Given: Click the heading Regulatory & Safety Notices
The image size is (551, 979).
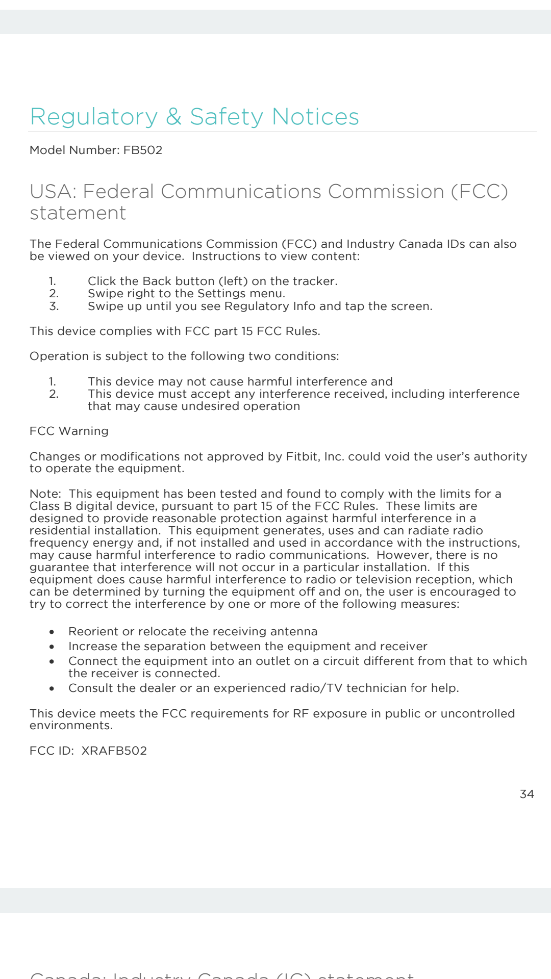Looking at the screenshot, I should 194,117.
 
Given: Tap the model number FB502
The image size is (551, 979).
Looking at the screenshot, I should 143,150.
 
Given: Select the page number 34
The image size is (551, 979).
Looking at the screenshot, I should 527,794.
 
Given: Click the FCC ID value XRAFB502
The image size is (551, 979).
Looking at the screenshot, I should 114,751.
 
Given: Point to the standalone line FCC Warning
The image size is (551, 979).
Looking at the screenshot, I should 69,431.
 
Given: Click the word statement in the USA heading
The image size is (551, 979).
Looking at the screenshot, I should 78,213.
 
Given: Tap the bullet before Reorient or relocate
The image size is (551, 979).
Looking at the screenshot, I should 52,632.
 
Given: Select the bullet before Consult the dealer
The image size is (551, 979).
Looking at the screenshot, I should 52,688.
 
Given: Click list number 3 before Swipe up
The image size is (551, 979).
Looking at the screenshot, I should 54,306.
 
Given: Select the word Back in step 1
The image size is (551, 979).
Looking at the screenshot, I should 157,281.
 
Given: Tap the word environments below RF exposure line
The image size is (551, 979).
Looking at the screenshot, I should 71,726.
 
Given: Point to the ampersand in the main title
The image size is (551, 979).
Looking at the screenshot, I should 174,117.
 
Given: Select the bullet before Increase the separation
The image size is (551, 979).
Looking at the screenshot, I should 52,647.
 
